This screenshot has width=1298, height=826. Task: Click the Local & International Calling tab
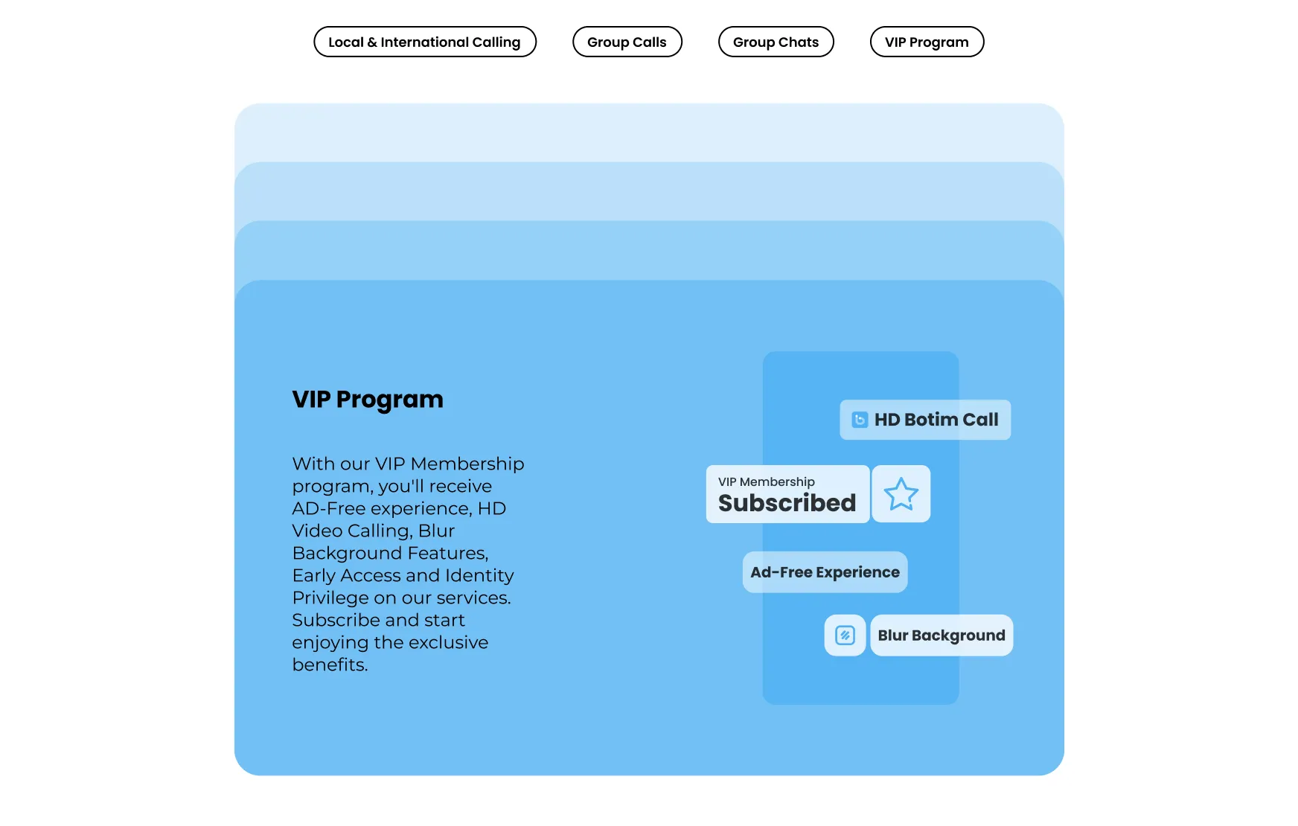coord(424,42)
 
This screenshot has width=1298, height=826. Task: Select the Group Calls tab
coord(627,42)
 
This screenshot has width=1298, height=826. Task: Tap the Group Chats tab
coord(776,42)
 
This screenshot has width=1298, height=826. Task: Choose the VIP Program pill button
coord(927,42)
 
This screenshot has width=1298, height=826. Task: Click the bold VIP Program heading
coord(368,400)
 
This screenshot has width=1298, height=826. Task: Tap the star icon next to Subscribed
coord(901,494)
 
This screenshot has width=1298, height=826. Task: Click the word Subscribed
coord(787,503)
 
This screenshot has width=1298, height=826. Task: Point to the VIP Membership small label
coord(766,481)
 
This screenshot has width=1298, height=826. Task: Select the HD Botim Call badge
coord(925,420)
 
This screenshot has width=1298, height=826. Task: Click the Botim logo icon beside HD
coord(860,420)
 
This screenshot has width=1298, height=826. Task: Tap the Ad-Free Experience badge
coord(825,572)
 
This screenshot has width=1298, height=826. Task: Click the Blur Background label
coord(941,635)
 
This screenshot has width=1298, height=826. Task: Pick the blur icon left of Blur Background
coord(845,635)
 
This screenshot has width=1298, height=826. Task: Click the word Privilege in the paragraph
coord(328,598)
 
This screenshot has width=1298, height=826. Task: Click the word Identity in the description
coord(479,576)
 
